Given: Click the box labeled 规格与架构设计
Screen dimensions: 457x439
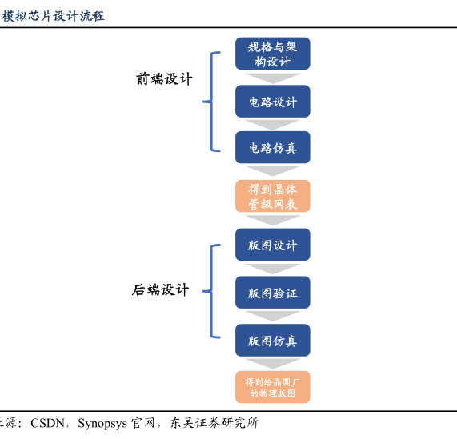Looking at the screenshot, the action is click(272, 54).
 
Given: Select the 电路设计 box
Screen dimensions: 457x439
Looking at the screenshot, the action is click(272, 102).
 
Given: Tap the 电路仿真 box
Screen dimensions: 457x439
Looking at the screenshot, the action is click(272, 147).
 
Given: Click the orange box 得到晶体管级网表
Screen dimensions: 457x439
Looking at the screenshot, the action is click(272, 196).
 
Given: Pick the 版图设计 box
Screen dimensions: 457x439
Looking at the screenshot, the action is click(272, 245).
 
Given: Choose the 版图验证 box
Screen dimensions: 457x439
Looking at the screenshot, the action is click(272, 293).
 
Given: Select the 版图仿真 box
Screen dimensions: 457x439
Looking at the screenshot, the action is click(272, 341).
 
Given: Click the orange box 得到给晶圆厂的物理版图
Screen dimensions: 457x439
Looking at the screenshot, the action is click(272, 387).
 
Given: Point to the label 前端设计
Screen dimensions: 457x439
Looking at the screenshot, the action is click(164, 79).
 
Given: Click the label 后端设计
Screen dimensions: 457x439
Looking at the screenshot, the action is click(160, 290).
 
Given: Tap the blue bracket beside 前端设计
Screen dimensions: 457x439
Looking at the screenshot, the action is click(211, 102).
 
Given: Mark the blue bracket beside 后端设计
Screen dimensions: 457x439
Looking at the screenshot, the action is click(211, 291).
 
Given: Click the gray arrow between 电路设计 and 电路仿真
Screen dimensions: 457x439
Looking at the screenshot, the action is click(272, 124).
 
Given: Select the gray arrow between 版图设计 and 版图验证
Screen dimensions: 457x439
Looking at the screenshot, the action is click(272, 269).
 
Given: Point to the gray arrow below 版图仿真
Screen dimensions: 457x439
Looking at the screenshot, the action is click(272, 363).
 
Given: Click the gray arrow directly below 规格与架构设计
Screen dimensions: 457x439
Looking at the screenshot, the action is click(272, 78).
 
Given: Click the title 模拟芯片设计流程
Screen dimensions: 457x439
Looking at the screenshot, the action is click(53, 16).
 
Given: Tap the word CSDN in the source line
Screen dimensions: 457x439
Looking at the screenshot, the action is click(47, 423).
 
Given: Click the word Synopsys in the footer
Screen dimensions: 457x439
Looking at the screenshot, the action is click(102, 424).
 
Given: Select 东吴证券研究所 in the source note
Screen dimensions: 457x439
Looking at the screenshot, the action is click(214, 423).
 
